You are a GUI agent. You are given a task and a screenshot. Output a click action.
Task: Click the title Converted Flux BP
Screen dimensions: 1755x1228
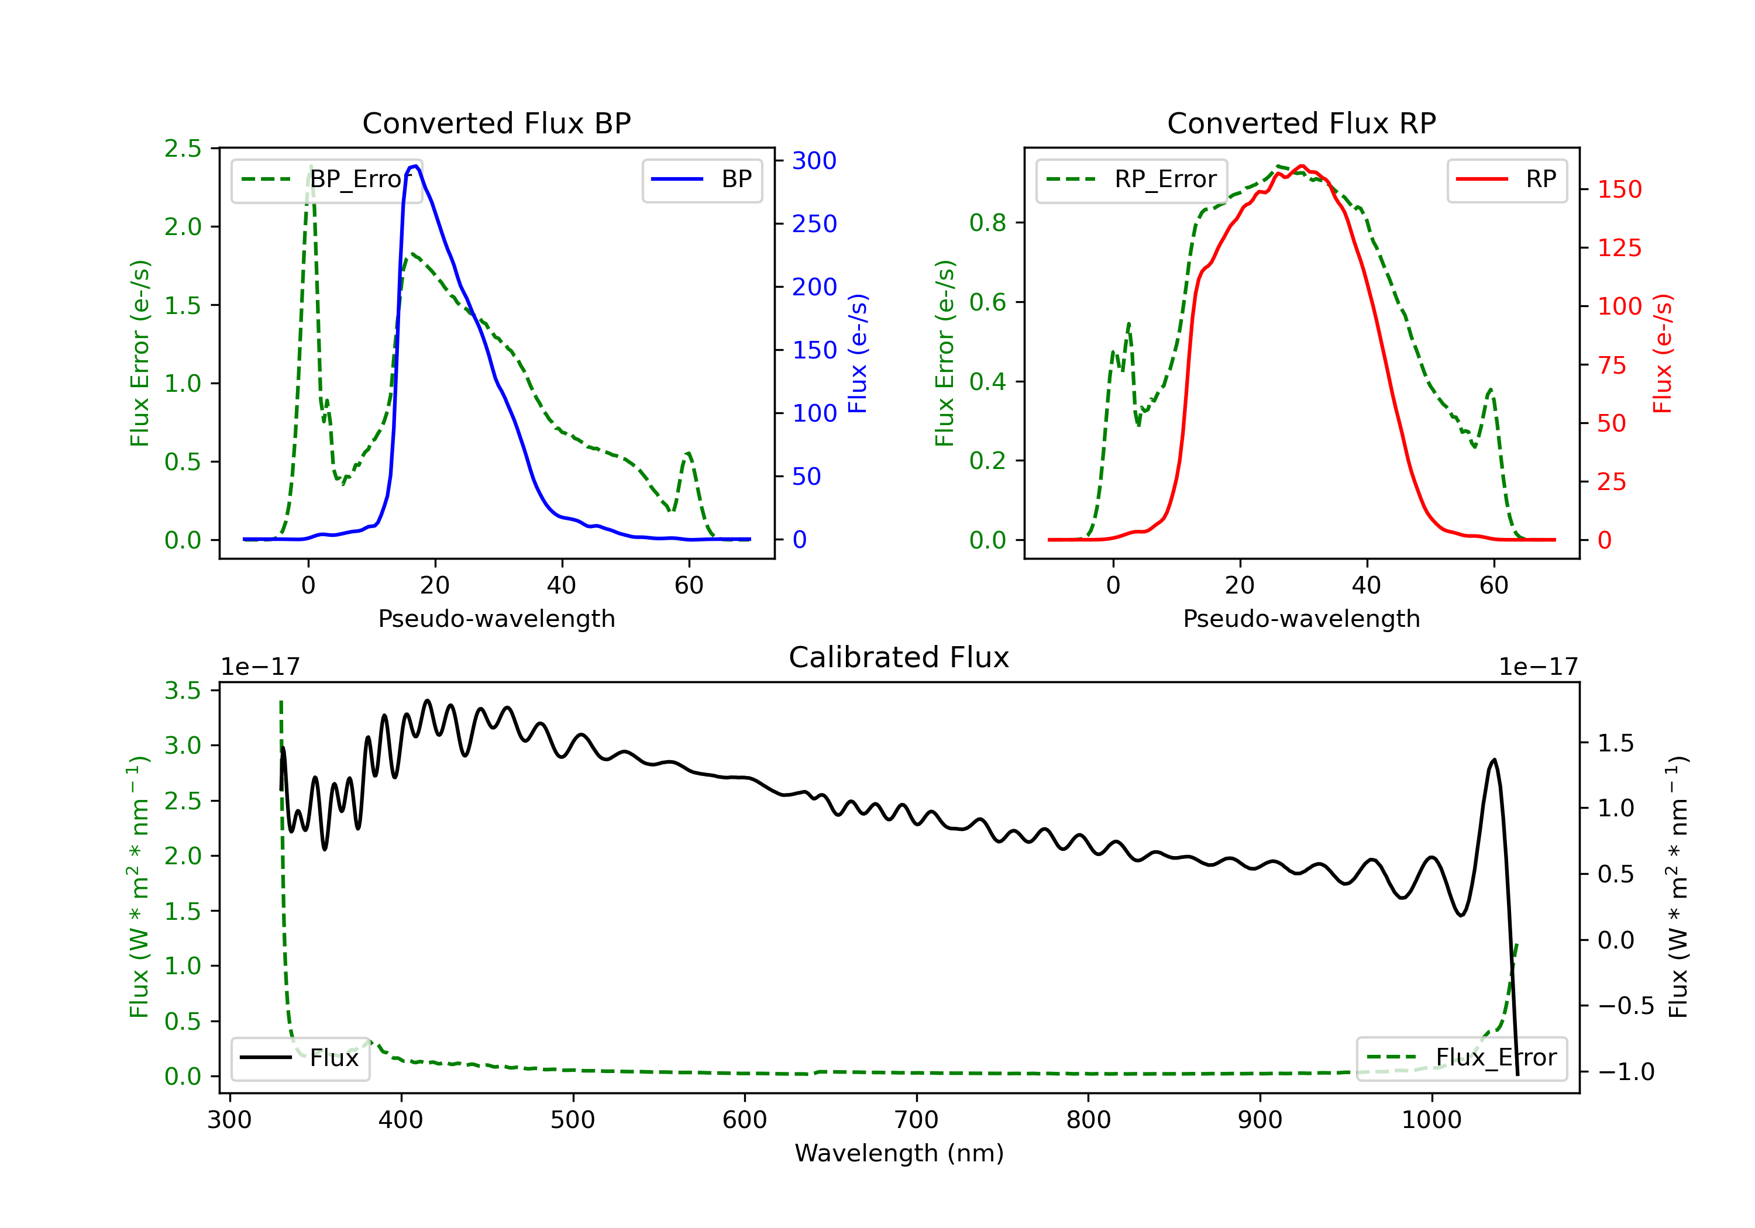496,123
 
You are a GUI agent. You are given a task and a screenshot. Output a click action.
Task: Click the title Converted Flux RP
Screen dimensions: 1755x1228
1301,123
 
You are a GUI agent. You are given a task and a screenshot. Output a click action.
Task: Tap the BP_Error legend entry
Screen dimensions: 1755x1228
326,180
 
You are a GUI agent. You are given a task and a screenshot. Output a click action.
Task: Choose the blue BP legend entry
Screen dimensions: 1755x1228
701,180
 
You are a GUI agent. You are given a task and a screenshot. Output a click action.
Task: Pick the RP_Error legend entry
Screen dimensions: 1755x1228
1131,180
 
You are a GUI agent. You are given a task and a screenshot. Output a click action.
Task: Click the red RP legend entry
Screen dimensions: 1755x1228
1506,180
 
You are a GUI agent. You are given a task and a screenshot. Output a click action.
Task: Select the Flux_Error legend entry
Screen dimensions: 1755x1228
1461,1058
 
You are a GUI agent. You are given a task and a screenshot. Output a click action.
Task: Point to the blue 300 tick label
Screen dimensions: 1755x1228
814,160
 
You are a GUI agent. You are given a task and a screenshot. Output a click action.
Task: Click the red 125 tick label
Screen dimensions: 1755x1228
1619,247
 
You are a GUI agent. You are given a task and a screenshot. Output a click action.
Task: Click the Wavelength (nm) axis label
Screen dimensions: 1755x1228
899,1153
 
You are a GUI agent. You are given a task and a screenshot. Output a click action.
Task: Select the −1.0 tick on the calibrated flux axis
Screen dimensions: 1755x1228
1626,1072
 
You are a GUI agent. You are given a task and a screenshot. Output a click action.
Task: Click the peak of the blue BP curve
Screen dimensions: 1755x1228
415,166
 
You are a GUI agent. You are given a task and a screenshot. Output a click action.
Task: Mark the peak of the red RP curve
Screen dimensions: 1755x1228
1302,166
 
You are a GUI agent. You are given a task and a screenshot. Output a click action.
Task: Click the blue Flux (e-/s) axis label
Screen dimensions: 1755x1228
858,354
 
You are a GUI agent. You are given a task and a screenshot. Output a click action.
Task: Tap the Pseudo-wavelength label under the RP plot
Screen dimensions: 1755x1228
1301,619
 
